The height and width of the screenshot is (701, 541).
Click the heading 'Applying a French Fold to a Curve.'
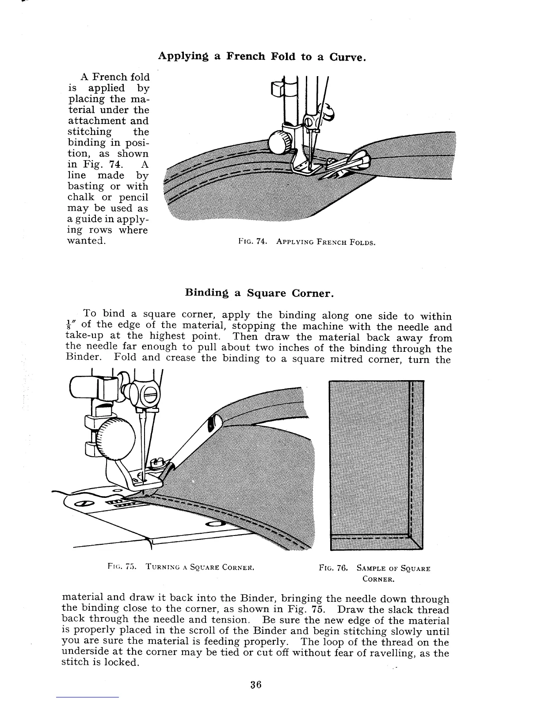tap(262, 57)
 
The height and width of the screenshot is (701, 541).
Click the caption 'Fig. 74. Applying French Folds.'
tap(306, 242)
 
